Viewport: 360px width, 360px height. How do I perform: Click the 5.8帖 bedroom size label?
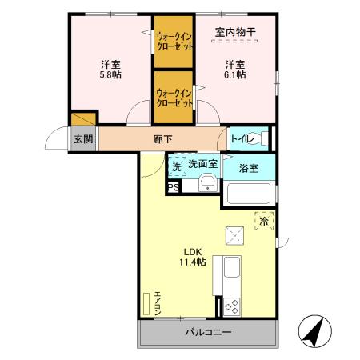pyautogui.click(x=110, y=70)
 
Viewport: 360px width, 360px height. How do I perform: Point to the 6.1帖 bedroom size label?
pyautogui.click(x=234, y=70)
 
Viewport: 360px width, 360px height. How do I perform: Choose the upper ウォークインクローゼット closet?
pyautogui.click(x=174, y=41)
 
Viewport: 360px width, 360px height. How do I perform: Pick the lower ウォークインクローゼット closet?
pyautogui.click(x=174, y=98)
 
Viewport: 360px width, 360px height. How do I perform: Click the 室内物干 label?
pyautogui.click(x=234, y=33)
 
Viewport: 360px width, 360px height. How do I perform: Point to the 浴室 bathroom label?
pyautogui.click(x=248, y=167)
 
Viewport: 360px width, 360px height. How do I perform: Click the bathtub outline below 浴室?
pyautogui.click(x=249, y=194)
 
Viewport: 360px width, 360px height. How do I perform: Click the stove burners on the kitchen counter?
pyautogui.click(x=234, y=306)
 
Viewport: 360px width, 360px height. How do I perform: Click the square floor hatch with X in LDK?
pyautogui.click(x=235, y=234)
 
